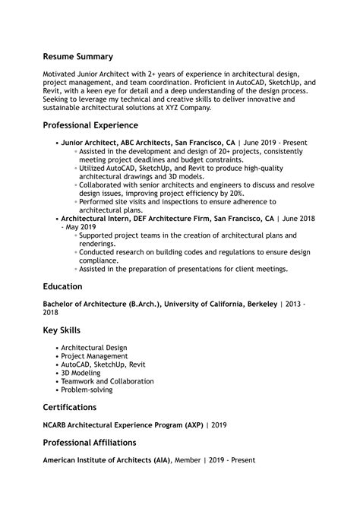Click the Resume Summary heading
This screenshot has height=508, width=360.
pos(77,56)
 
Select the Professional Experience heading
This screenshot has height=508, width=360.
pos(90,125)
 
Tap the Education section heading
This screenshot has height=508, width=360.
pos(62,287)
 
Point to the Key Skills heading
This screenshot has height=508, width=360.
pos(62,330)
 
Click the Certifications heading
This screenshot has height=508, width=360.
pos(69,407)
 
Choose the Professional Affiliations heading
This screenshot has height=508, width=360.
pos(90,442)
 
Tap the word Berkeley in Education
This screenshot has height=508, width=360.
pos(261,304)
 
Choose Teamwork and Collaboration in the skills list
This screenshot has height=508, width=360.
pos(106,381)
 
